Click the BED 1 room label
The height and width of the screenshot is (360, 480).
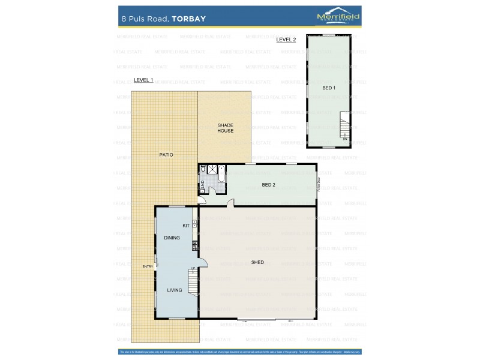coord(329,88)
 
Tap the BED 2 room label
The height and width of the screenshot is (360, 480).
coord(269,185)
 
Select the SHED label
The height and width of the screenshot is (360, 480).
coord(257,262)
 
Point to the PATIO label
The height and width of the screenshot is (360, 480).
coord(166,155)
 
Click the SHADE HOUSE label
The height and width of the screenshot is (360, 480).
coord(226,128)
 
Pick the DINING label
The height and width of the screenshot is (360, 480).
coord(172,238)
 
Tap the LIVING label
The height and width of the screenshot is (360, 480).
coord(175,290)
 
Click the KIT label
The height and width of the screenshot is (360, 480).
coord(186,226)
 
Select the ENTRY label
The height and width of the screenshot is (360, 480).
coord(148,267)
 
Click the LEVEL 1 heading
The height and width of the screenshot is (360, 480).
coord(143,80)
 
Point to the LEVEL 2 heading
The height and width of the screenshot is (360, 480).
coord(286,40)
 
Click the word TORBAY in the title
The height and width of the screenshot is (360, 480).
coord(189,19)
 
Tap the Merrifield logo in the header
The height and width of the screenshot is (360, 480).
coord(338,17)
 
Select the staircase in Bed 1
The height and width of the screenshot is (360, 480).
coord(344,127)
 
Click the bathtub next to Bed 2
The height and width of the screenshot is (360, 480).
coord(221,174)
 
